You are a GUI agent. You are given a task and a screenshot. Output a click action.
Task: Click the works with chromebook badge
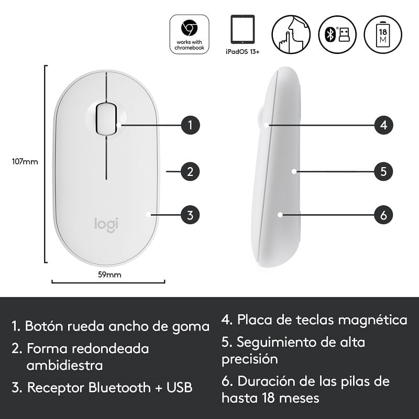pos(189,34)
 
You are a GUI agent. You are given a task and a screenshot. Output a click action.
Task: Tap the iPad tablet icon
pos(242,29)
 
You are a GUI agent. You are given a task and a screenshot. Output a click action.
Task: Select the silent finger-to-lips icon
pos(291,34)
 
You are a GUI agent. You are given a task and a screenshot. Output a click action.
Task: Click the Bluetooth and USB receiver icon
pos(337,35)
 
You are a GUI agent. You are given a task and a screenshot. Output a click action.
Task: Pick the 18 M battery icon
pos(383,35)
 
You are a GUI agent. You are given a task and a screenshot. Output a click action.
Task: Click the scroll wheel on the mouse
pos(106,118)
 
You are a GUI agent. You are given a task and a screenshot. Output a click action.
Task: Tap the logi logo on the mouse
pos(106,225)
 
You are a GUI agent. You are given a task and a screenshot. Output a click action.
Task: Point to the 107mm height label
pos(25,161)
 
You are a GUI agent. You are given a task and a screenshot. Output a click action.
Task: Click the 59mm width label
pos(109,274)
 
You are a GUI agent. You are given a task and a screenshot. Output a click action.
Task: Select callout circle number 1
pos(190,125)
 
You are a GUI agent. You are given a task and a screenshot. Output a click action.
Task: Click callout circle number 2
pos(190,171)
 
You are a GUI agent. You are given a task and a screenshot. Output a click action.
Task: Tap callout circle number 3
pos(190,215)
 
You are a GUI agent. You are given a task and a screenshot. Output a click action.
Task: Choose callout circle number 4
pos(383,125)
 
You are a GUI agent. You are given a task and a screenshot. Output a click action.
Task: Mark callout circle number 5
pos(383,171)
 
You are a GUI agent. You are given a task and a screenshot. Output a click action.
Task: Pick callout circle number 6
pos(383,215)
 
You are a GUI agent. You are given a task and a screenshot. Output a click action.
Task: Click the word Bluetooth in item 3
pos(119,388)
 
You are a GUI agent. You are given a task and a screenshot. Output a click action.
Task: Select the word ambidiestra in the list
pos(64,365)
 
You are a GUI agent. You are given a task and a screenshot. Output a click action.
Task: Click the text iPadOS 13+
pos(242,51)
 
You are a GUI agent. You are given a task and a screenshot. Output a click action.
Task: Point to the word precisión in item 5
pos(250,359)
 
